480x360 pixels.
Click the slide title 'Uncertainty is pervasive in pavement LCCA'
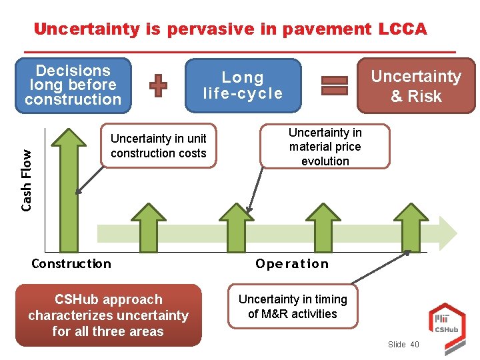pos(230,29)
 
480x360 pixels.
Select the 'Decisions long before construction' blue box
pos(73,85)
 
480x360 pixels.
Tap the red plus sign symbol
pos(158,86)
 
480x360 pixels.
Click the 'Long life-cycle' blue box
pos(243,86)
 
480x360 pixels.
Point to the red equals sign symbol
pos(335,86)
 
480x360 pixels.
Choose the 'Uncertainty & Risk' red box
pos(416,86)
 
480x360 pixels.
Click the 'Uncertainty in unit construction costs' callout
pos(159,146)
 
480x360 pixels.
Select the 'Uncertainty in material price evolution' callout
pos(325,147)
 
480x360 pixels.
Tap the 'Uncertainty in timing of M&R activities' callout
pos(292,307)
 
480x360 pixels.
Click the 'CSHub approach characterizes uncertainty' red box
pos(108,315)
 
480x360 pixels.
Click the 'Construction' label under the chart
pos(71,263)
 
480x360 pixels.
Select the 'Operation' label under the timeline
pos(292,263)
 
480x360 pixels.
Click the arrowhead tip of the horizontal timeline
pos(457,233)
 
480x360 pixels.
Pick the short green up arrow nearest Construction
pos(147,227)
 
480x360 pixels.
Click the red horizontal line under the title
pos(239,51)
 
